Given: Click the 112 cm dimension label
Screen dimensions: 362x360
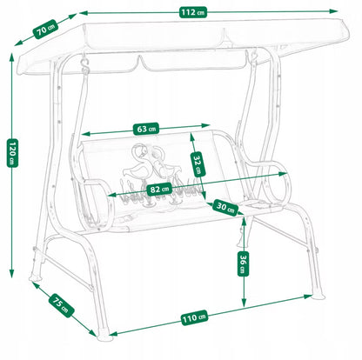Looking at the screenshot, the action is point(193,13).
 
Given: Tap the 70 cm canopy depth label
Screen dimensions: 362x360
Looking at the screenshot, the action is point(46,29).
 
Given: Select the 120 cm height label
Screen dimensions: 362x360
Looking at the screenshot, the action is point(12,153).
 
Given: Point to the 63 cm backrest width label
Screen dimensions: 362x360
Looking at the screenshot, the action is point(146,129).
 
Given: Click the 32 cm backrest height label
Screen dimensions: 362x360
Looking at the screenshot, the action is point(198,164).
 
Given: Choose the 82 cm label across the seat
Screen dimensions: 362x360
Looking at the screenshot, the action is point(159,190).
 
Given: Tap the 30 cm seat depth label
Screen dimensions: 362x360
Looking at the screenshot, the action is point(225,207).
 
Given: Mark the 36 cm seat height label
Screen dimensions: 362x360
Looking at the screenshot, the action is point(243,263).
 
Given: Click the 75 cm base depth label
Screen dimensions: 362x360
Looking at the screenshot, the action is point(61,305).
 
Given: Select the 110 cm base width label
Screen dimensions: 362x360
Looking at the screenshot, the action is point(194,317).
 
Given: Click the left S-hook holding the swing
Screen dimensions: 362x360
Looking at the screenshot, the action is point(84,66).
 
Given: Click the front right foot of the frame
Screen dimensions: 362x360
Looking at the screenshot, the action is point(319,296).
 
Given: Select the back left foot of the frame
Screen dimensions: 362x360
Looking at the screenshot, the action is point(36,278).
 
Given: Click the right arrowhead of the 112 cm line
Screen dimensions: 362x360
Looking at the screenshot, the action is point(334,11).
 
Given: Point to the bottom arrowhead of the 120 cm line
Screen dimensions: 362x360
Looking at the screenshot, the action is point(11,273).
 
